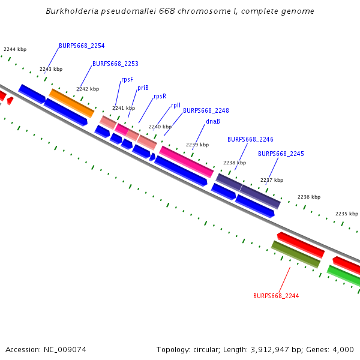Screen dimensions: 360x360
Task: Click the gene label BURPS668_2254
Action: (x=82, y=46)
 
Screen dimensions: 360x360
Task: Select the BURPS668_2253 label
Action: (x=115, y=64)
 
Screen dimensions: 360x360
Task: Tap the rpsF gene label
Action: (x=127, y=80)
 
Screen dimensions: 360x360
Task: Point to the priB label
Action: (x=143, y=88)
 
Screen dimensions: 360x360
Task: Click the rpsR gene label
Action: (x=160, y=96)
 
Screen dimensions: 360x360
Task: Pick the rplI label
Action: (x=176, y=106)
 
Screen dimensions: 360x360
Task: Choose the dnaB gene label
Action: (x=213, y=121)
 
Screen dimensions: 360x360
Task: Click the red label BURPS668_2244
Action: (x=276, y=296)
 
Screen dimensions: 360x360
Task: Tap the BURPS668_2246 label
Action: (x=250, y=140)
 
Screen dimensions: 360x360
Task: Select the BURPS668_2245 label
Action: (x=281, y=154)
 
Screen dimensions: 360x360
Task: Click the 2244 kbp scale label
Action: (x=15, y=49)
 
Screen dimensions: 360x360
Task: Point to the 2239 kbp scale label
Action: (x=197, y=145)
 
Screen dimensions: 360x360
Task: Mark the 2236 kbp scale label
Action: (x=309, y=197)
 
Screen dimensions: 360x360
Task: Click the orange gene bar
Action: (x=71, y=103)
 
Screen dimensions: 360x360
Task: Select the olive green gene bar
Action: (x=296, y=254)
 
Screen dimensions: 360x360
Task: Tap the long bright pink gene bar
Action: (x=186, y=161)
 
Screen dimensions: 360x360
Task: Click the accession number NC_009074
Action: (x=65, y=350)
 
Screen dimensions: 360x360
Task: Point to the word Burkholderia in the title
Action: (x=72, y=11)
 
